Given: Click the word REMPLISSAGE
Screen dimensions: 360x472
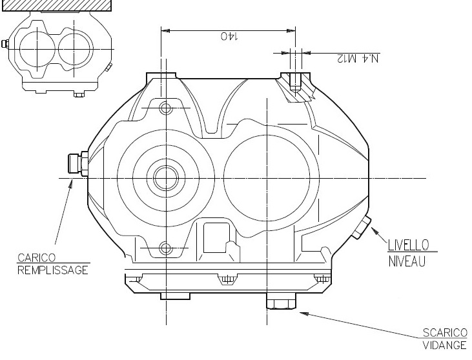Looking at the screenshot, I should click(52, 270).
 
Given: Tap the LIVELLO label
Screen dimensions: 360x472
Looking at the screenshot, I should click(408, 245).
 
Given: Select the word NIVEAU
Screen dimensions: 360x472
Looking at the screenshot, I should click(407, 262).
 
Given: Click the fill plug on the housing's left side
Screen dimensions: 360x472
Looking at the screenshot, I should click(77, 164).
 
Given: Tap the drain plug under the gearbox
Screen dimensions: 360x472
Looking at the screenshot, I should click(281, 303).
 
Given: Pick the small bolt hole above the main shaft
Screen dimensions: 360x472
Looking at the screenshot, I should click(165, 106).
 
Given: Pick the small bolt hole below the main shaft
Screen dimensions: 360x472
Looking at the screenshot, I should click(165, 248).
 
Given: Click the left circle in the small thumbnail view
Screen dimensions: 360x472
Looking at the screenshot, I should click(38, 49).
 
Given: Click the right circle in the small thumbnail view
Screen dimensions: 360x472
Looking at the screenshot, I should click(76, 49).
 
